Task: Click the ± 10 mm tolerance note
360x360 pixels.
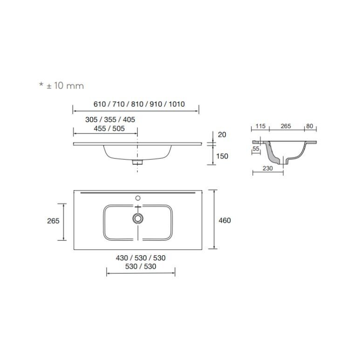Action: click(61, 86)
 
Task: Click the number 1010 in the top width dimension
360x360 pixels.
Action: click(177, 104)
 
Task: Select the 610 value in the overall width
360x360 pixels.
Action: click(99, 104)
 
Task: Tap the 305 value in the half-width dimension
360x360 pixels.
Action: click(91, 120)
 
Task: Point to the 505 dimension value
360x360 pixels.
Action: click(118, 129)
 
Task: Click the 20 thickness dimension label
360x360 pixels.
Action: click(222, 135)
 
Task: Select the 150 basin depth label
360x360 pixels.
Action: click(222, 156)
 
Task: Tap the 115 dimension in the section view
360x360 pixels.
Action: click(260, 126)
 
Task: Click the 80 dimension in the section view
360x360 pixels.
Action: click(310, 126)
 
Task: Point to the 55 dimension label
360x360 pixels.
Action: click(256, 149)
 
